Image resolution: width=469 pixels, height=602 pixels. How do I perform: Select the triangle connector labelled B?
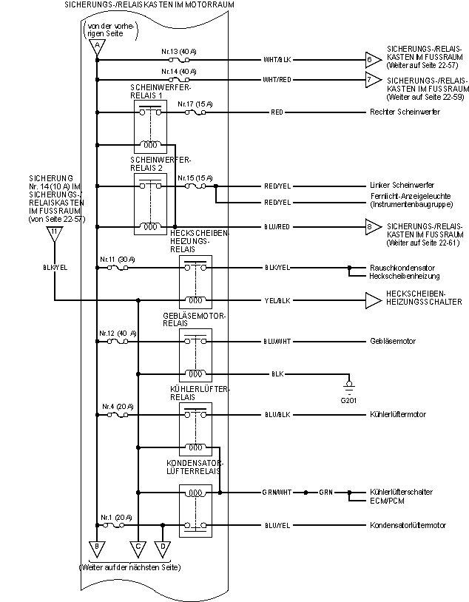[96, 547]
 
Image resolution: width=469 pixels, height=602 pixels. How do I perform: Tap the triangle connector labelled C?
[138, 547]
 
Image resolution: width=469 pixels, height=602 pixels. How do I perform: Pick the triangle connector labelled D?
[163, 547]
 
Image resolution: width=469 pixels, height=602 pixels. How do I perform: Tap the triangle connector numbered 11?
[54, 234]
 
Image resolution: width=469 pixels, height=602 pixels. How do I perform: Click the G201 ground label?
[348, 400]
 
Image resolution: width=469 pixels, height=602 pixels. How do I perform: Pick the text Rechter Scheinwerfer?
[405, 112]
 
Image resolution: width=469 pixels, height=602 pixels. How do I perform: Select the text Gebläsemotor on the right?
[392, 341]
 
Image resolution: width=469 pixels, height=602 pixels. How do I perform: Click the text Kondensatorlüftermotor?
[408, 525]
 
